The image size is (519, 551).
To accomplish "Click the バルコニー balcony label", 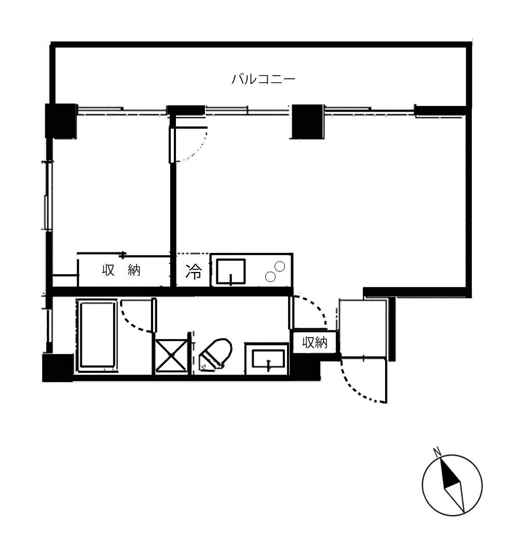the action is (263, 79).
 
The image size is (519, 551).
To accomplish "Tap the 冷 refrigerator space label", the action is (194, 271).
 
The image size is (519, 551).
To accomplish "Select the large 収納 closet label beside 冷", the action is (121, 270).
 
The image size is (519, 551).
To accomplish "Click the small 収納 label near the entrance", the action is (315, 342).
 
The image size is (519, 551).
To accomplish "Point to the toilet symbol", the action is (215, 355).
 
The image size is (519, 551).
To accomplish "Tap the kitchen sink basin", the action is (231, 271).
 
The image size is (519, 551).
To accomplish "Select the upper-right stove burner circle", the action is (280, 266).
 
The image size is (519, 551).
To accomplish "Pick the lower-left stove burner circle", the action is (270, 277).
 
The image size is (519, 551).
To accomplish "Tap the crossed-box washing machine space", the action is (171, 356).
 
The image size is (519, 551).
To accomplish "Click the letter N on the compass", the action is (437, 452).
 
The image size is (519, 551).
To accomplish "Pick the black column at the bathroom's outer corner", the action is (58, 368).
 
